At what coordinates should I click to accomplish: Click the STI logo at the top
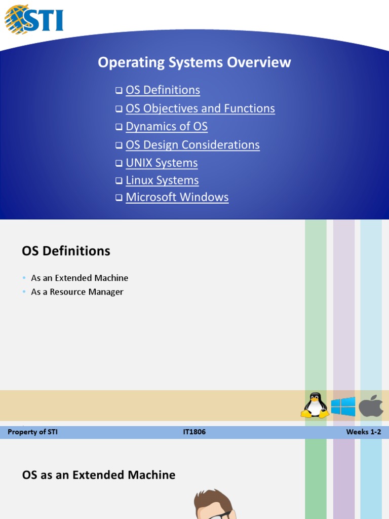(x=34, y=19)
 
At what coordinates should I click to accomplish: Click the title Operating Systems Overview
(x=194, y=62)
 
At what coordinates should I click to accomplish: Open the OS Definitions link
(x=163, y=90)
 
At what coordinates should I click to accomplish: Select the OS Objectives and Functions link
(x=200, y=108)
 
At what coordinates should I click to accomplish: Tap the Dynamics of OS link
(x=167, y=127)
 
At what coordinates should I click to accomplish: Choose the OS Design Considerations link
(x=192, y=145)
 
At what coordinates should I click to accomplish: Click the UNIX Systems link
(x=162, y=163)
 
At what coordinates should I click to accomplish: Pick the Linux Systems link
(x=162, y=180)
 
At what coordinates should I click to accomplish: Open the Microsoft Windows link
(x=177, y=198)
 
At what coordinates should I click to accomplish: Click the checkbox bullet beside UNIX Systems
(x=119, y=164)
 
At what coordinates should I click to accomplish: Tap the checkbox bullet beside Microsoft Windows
(x=119, y=198)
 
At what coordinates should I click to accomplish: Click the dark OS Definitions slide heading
(x=66, y=251)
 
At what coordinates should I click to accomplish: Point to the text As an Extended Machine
(x=80, y=278)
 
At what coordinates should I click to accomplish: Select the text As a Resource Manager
(x=77, y=292)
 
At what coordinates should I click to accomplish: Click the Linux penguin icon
(x=315, y=405)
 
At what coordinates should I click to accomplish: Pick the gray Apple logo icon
(x=371, y=405)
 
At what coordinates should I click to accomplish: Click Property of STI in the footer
(x=33, y=432)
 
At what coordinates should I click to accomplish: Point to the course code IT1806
(x=194, y=432)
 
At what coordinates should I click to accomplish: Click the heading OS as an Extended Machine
(x=99, y=475)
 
